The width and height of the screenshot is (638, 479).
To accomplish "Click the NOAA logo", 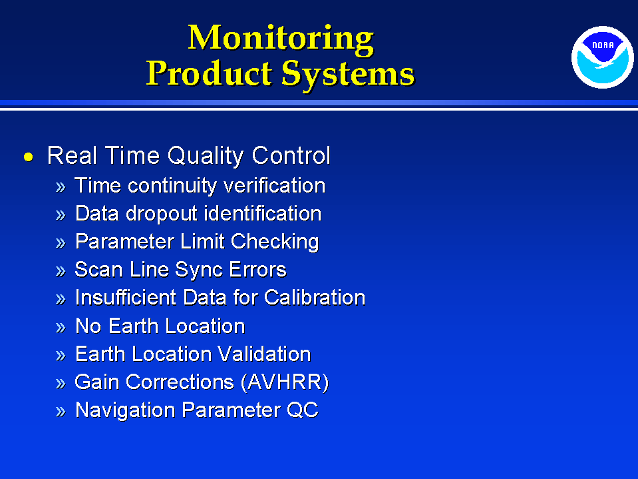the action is click(603, 57).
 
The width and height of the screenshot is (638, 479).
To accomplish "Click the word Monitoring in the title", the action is click(281, 39).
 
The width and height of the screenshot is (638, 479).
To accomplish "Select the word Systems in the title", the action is click(349, 75).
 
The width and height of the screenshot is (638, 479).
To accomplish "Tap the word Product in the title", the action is click(209, 73).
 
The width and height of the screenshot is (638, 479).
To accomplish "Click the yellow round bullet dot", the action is click(29, 157).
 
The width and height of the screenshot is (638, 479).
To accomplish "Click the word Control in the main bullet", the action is click(291, 155).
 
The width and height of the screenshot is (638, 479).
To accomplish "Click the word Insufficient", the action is click(126, 297).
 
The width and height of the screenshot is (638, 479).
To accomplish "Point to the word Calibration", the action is click(315, 297).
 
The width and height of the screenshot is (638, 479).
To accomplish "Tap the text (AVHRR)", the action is click(285, 382).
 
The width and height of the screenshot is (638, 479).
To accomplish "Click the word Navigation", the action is click(125, 410).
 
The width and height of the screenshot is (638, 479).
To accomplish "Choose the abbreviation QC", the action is click(302, 410).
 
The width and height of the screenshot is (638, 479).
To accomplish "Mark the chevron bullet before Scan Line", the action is click(61, 271).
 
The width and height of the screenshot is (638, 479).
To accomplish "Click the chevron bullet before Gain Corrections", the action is click(61, 384).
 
